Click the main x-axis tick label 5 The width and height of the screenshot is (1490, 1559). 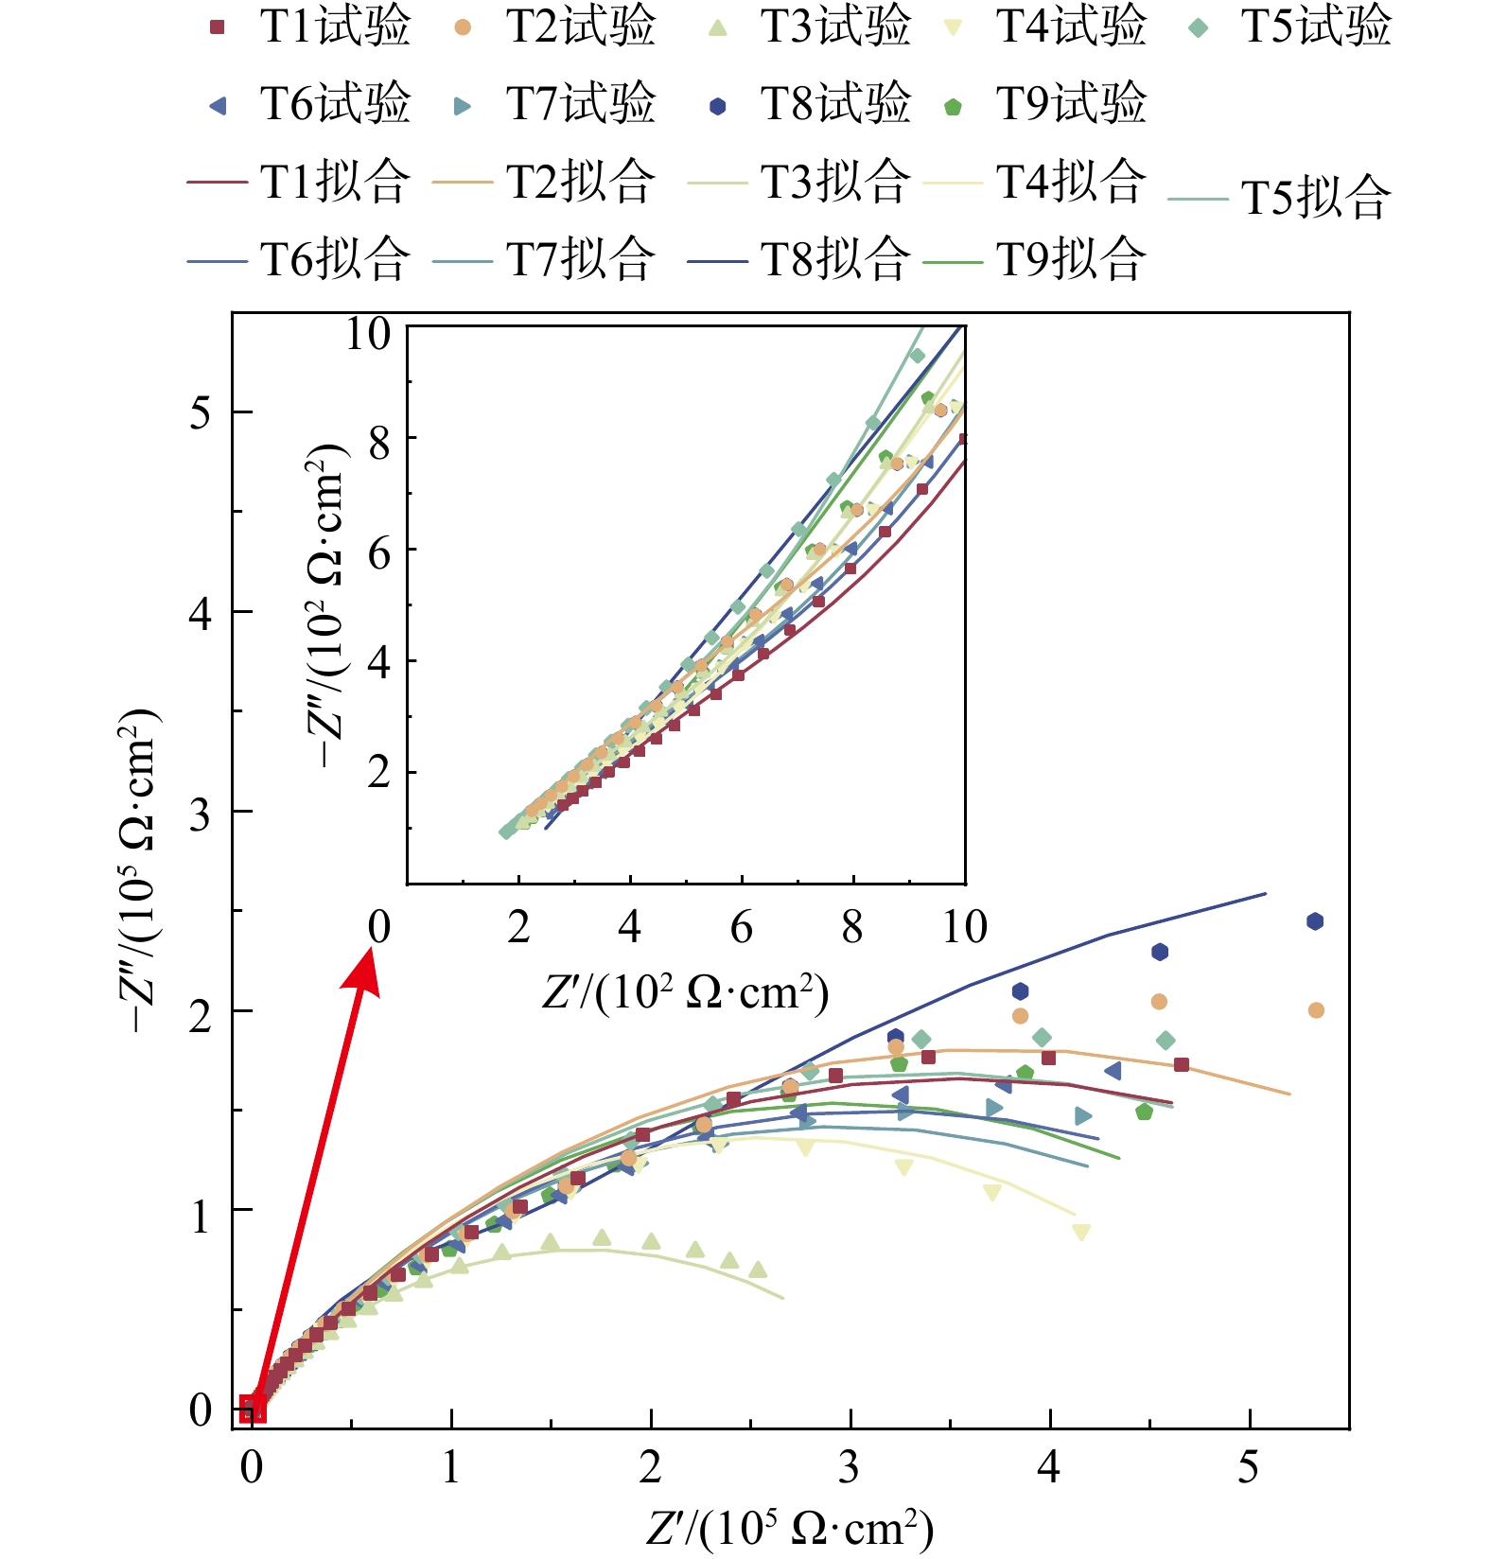[x=1249, y=1467]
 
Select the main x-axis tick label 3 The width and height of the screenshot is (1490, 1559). [x=850, y=1467]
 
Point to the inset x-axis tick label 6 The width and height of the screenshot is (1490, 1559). [x=741, y=927]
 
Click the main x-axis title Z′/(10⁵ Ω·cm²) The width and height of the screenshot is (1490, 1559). [x=790, y=1527]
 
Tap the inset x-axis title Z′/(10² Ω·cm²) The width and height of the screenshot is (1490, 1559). [x=685, y=992]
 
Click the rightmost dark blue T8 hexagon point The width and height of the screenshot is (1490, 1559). [x=1315, y=921]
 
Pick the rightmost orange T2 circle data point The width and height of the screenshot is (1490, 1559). [x=1316, y=1010]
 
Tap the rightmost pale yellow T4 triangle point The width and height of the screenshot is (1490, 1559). [x=1081, y=1232]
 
